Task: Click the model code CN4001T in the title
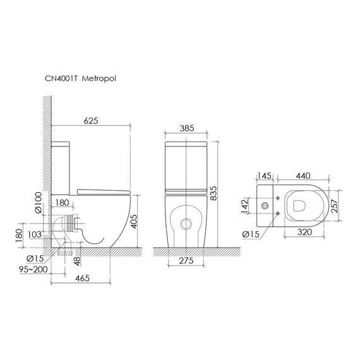point(61,78)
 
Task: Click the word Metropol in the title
point(99,78)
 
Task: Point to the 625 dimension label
point(91,121)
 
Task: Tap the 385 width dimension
point(187,128)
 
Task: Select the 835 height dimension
point(213,193)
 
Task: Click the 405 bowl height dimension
point(134,221)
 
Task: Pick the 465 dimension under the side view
point(83,278)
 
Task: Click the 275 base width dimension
point(186,261)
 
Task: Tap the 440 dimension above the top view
point(303,176)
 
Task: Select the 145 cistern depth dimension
point(264,176)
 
